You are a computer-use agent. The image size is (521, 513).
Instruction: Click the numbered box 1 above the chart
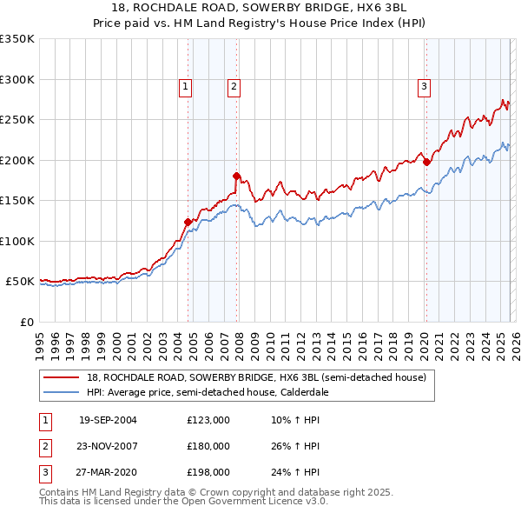pos(187,86)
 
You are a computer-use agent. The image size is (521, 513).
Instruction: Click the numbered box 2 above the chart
pos(234,86)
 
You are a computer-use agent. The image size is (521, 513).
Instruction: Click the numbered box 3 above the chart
pos(424,86)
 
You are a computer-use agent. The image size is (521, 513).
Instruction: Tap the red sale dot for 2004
pos(188,222)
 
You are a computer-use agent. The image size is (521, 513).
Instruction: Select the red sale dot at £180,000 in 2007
pos(236,176)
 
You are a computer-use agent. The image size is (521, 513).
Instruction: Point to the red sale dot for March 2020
pos(426,161)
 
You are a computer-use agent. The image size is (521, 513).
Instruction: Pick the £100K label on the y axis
pos(17,241)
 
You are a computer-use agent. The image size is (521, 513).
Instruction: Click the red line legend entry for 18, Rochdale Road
pos(256,377)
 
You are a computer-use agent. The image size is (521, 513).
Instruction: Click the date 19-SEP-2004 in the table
pos(108,420)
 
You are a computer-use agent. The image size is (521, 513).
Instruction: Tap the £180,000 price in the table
pos(208,446)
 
